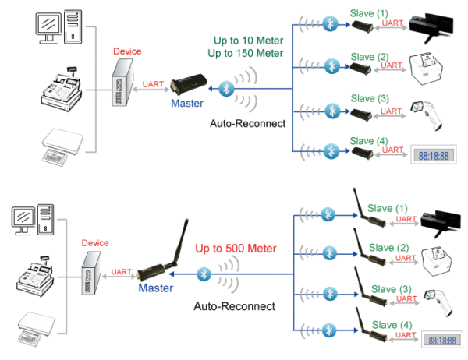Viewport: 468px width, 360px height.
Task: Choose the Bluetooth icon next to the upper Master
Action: (x=226, y=87)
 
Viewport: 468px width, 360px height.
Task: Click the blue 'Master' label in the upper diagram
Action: (x=186, y=101)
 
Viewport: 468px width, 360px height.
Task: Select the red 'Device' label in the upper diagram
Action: (x=127, y=51)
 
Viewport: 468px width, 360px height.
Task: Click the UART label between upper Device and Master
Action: (x=154, y=83)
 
